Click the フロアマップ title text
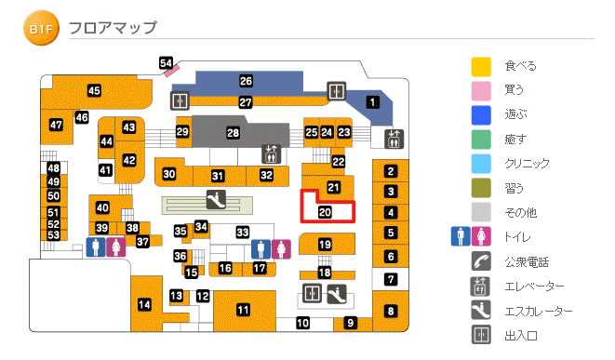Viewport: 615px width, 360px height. point(112,28)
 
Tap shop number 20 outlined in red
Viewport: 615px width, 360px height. point(325,212)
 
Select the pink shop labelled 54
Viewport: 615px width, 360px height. point(167,63)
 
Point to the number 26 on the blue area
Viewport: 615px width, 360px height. point(246,81)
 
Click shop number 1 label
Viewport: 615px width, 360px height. point(373,102)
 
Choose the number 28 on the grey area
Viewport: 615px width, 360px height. point(233,133)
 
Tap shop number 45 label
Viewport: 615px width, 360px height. point(94,90)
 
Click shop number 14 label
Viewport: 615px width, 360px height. point(144,304)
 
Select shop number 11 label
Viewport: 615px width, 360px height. point(243,310)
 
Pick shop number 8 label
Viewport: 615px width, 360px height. point(391,311)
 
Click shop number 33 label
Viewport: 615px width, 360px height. point(243,232)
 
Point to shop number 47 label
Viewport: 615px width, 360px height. point(56,125)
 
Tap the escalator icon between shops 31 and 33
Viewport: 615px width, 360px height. point(215,198)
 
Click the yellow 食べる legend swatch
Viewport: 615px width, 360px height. point(480,67)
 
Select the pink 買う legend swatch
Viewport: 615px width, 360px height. point(480,91)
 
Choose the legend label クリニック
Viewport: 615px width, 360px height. point(527,164)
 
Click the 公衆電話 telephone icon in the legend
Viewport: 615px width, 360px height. point(480,261)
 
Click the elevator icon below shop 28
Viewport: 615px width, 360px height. point(270,153)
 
